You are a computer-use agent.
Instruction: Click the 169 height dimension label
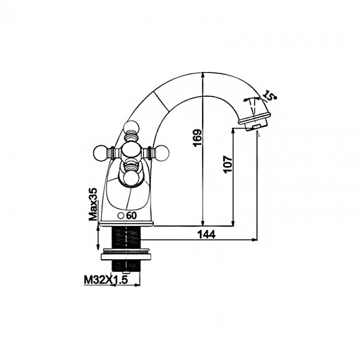(x=198, y=138)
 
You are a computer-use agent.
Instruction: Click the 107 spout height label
(x=228, y=164)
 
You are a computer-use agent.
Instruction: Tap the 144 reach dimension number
(x=207, y=234)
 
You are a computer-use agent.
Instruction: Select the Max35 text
(x=93, y=204)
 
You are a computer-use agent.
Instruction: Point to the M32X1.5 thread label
(x=106, y=280)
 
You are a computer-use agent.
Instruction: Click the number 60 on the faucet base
(x=132, y=215)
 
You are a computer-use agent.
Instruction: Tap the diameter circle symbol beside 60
(x=121, y=216)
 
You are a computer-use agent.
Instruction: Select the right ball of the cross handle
(x=162, y=152)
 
